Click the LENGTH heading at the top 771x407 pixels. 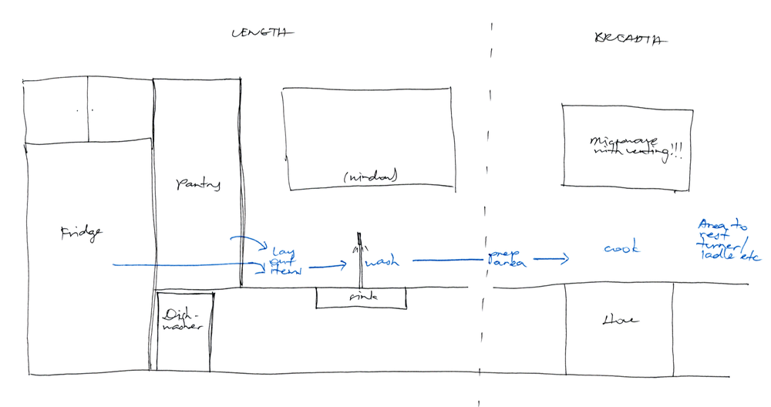pos(262,34)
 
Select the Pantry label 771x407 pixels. pos(198,184)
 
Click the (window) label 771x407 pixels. pos(370,177)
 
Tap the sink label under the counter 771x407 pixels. pos(361,296)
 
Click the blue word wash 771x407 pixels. pos(382,262)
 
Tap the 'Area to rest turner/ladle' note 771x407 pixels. pos(726,240)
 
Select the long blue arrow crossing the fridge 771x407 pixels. pos(185,266)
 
